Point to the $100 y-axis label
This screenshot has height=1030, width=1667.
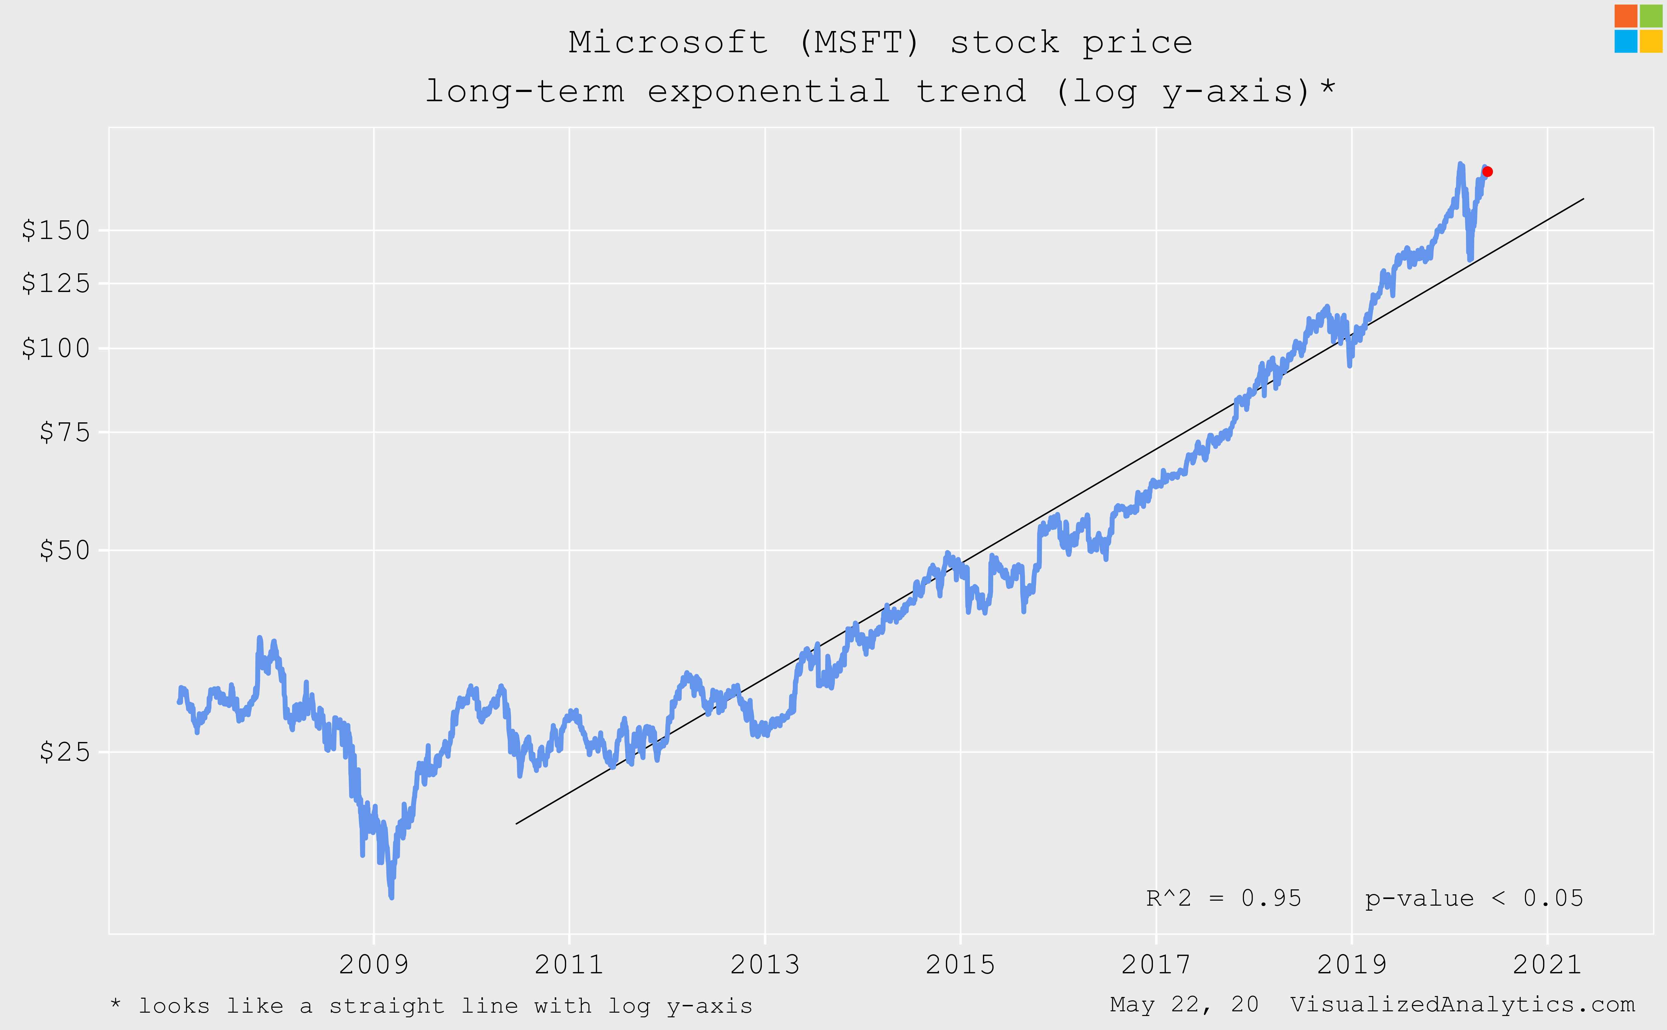[x=56, y=348]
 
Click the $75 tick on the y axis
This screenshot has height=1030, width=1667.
[x=65, y=432]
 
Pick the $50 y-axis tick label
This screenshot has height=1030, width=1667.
[x=65, y=550]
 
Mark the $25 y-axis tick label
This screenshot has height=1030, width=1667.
[x=65, y=752]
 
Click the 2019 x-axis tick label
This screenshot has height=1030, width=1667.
[x=1352, y=965]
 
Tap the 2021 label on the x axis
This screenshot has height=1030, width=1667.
[x=1547, y=965]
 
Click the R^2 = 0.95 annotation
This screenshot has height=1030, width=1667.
[x=1224, y=899]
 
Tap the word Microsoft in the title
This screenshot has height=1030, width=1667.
[x=668, y=42]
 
